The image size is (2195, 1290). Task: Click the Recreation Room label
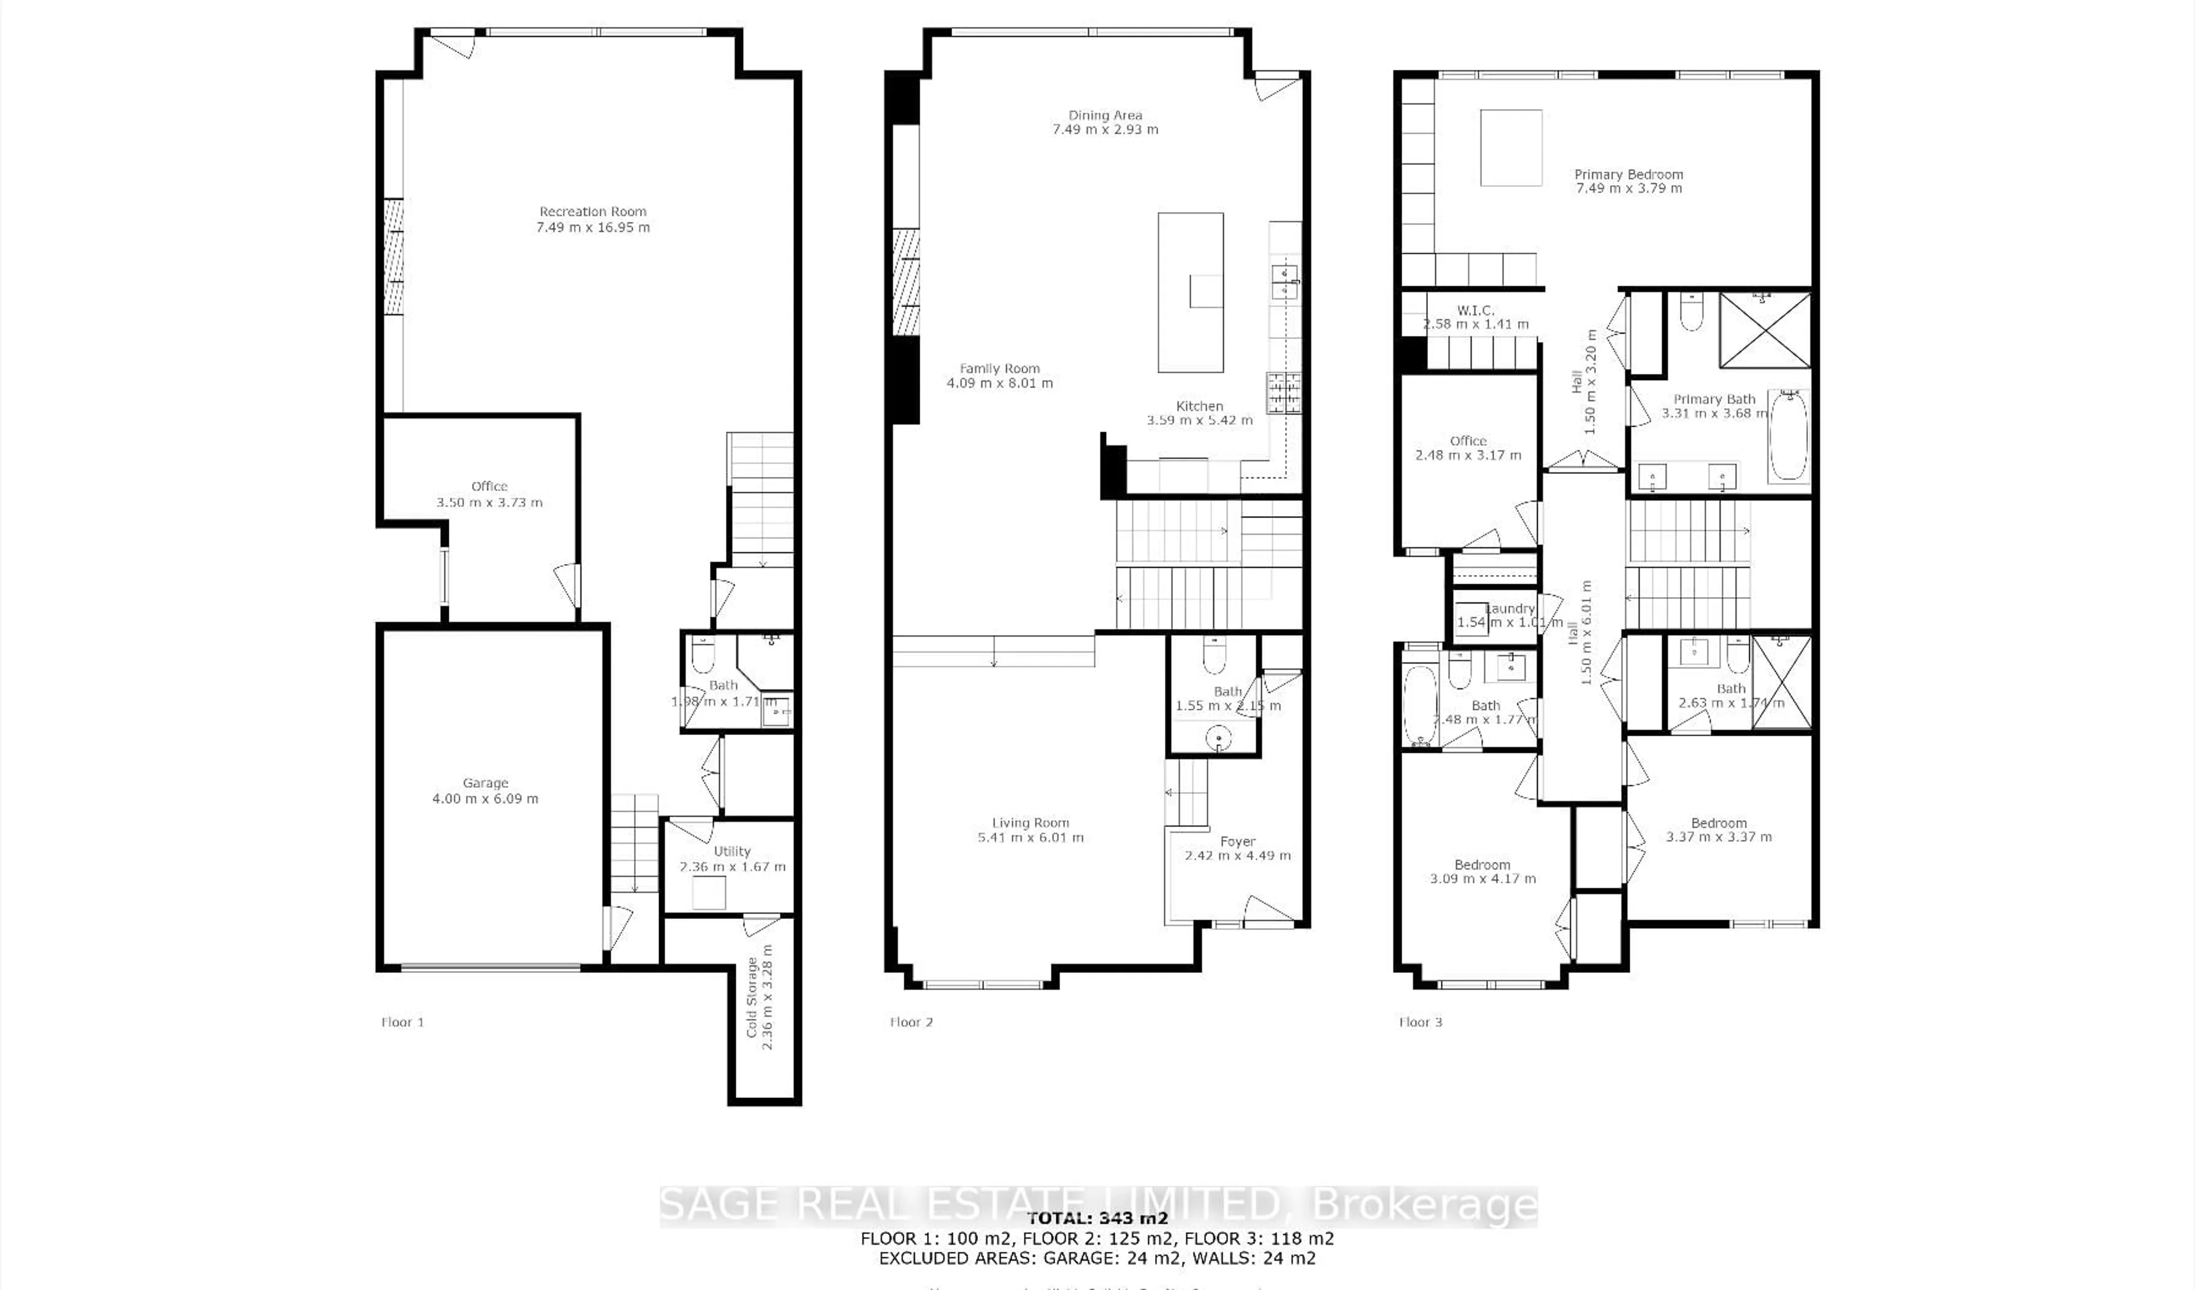(x=592, y=211)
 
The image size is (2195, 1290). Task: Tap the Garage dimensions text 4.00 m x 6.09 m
(x=485, y=798)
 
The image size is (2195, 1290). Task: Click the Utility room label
(x=732, y=851)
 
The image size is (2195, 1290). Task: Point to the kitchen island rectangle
(x=1190, y=292)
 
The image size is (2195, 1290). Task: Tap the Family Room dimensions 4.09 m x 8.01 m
(x=999, y=384)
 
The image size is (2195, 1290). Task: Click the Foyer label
(x=1237, y=841)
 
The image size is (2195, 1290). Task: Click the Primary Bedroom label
(x=1628, y=174)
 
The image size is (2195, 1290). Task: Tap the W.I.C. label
(x=1475, y=310)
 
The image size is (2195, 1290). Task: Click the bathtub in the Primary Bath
(x=1787, y=436)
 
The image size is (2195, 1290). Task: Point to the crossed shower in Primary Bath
(x=1765, y=330)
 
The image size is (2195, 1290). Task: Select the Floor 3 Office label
(x=1468, y=441)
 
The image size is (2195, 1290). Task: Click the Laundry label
(x=1510, y=609)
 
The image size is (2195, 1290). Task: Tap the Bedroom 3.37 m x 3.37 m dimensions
(x=1718, y=837)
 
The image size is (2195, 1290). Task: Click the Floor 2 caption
(x=911, y=1022)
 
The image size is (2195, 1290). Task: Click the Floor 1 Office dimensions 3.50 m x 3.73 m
(x=489, y=502)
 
